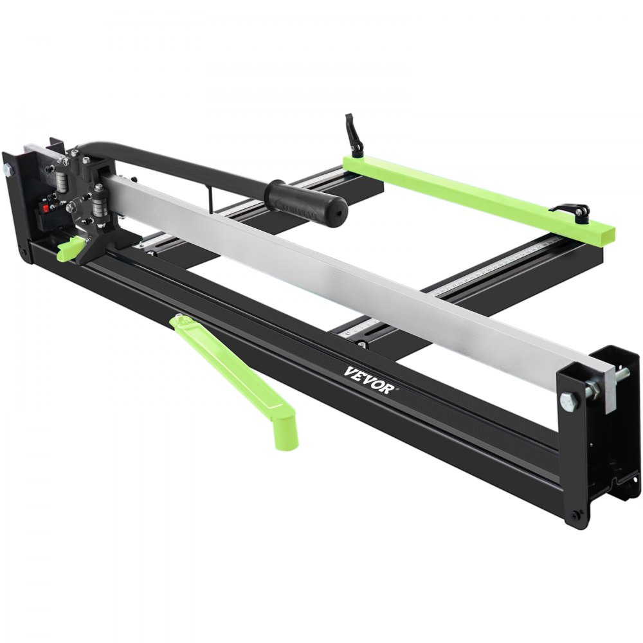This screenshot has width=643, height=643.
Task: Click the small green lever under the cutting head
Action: point(70,248)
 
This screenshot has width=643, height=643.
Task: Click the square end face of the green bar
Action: point(604,230)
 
